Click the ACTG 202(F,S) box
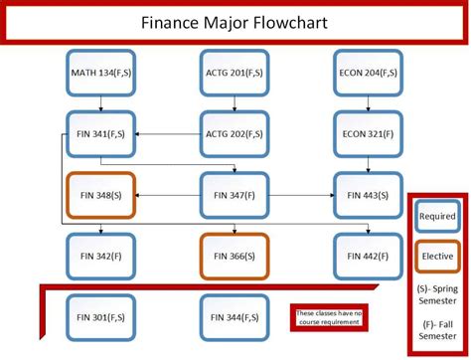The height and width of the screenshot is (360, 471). click(x=235, y=133)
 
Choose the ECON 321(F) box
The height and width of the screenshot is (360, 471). click(x=368, y=133)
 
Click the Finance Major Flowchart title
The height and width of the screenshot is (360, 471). click(x=235, y=22)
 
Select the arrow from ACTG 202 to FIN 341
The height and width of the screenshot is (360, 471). click(x=169, y=133)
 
